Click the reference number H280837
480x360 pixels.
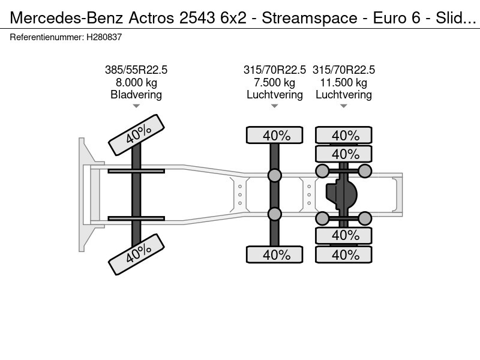104,37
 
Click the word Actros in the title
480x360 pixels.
151,18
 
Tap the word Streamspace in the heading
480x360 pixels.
310,19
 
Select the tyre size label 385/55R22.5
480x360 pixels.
136,70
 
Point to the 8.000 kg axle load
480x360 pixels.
136,82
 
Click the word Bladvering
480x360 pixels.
136,95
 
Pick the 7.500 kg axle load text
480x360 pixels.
275,82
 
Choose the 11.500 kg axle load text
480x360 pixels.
343,82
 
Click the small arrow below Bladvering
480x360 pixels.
136,106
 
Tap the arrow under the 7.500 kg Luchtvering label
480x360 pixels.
275,106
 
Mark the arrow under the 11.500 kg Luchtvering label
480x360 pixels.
343,106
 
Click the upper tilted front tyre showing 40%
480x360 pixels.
137,134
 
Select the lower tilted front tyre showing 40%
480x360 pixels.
137,254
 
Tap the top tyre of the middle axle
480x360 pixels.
275,135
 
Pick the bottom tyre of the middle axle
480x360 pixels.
275,254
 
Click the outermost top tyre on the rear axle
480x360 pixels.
343,135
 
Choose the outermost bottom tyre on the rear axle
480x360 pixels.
343,254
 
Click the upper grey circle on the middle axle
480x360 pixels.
275,175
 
